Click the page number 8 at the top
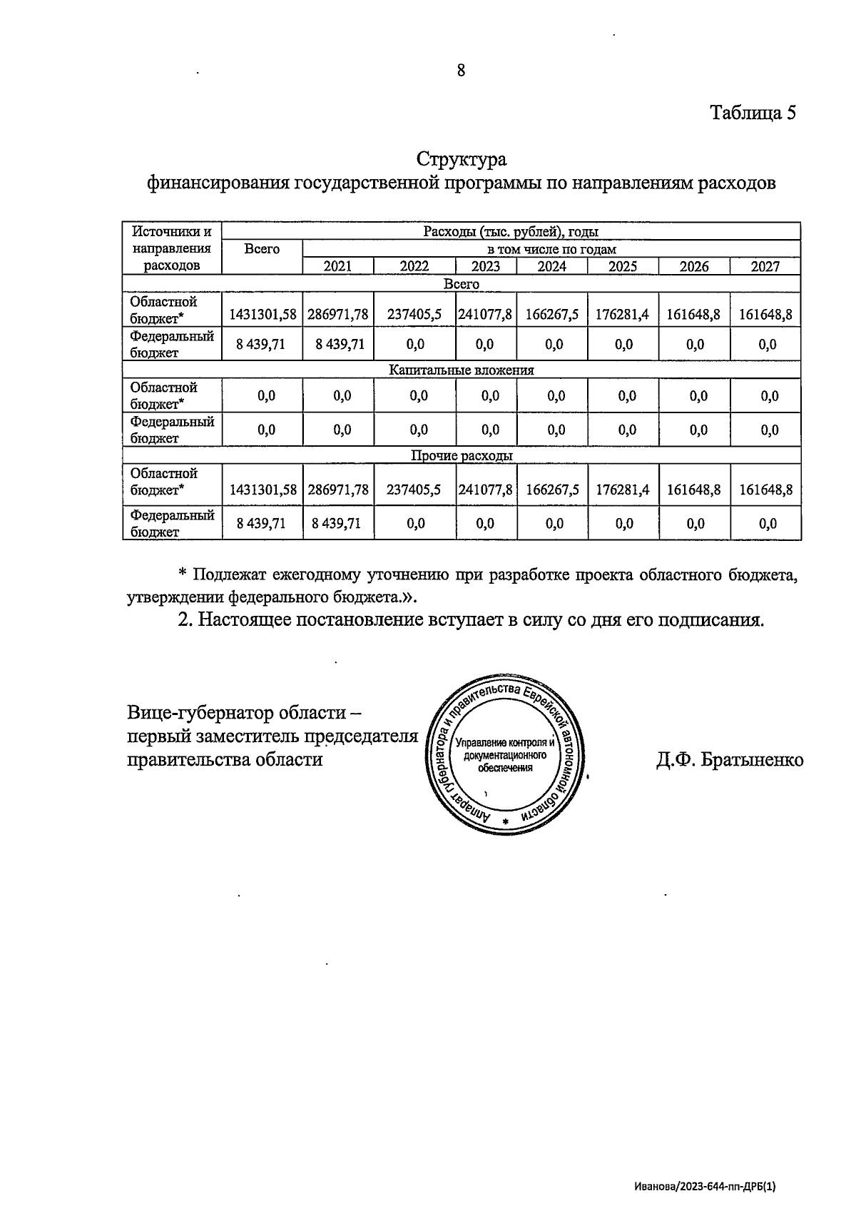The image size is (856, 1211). coord(461,70)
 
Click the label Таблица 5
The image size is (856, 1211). coord(752,113)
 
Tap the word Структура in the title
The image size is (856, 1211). coord(462,158)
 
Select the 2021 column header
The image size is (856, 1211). coord(338,266)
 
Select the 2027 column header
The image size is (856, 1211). coord(765,266)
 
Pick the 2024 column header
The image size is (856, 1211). coord(551,266)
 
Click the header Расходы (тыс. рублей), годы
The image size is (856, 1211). coord(511,231)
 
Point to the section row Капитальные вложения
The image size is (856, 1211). coord(461,370)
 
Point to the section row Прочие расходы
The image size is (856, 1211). coord(461,455)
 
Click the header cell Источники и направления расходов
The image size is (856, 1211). coord(172,248)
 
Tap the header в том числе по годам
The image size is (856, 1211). coord(551,249)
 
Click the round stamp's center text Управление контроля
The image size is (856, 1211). coord(504,743)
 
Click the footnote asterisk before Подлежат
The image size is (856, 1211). coord(182,574)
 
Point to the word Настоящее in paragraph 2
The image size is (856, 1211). coord(244,619)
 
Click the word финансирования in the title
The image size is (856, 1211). coord(218,183)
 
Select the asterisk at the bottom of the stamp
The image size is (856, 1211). coord(506,822)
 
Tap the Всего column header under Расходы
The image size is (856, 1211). coord(262,249)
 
